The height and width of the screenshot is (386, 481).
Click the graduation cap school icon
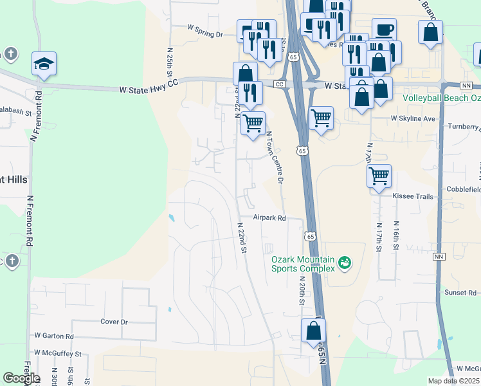click(44, 64)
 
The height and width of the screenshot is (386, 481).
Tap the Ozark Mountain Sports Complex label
click(303, 264)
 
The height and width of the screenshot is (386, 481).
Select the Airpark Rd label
click(269, 218)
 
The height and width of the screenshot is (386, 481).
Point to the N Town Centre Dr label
click(275, 157)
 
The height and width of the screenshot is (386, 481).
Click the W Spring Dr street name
click(204, 28)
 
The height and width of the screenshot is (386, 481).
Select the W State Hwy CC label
click(148, 91)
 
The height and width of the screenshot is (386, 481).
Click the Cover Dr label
click(114, 322)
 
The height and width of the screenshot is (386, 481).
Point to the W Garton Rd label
click(55, 336)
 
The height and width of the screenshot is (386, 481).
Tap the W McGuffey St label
click(59, 354)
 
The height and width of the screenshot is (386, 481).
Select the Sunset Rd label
click(460, 292)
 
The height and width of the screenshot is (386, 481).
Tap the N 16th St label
click(396, 238)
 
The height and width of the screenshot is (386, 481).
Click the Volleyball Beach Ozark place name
click(441, 99)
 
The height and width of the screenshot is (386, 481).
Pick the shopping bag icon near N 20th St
click(313, 330)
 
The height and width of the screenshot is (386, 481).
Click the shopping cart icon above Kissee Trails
click(379, 175)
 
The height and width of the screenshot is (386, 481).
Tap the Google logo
click(21, 378)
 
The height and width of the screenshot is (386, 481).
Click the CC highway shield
click(279, 84)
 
